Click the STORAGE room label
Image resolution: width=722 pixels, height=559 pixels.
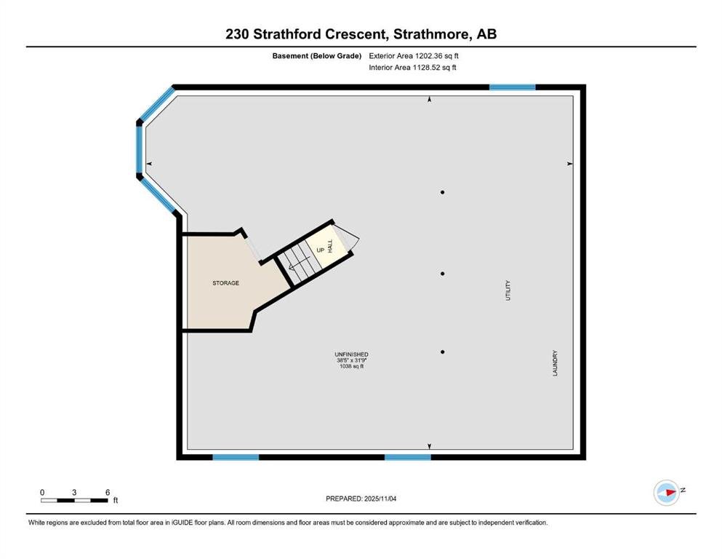225,283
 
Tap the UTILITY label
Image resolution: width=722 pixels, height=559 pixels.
508,290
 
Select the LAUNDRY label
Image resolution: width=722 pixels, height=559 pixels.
555,363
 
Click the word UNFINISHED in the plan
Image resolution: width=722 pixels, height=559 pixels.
351,354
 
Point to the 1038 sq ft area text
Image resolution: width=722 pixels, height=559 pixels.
351,366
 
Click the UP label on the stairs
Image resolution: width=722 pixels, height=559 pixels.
321,250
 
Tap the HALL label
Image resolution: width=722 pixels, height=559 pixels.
329,246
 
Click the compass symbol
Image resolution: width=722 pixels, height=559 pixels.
666,493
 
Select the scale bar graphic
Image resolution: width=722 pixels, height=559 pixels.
74,500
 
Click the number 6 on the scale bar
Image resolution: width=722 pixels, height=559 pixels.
108,492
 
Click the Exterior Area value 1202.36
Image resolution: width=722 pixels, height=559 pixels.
429,56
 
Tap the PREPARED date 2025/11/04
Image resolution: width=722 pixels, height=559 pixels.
380,499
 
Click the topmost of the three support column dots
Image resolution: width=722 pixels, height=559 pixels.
443,192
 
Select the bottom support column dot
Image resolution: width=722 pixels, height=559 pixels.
443,352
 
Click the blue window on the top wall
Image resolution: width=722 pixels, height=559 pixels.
513,87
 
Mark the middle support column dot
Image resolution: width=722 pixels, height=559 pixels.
443,274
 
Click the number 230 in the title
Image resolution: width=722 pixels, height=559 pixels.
237,34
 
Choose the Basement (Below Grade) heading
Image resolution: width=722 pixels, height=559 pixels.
317,56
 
